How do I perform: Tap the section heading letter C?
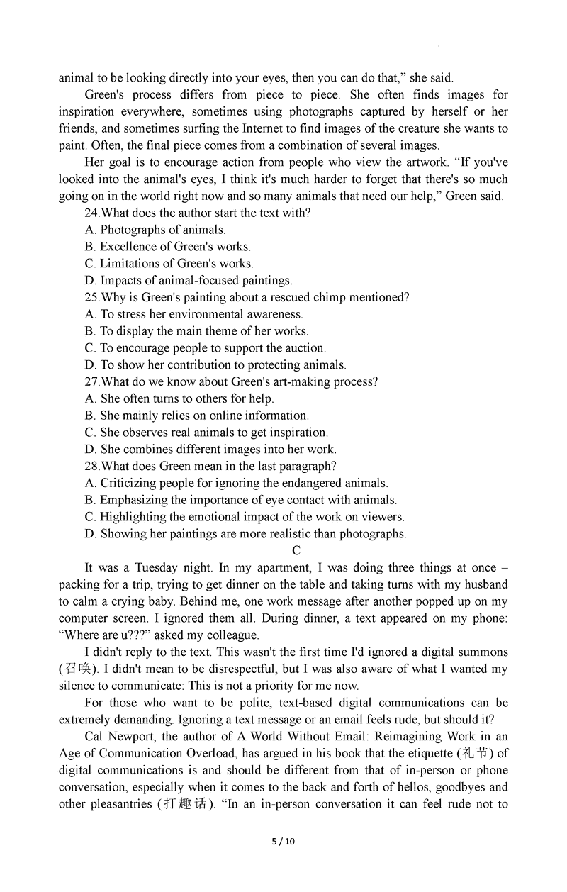click(296, 551)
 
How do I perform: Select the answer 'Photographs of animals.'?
click(163, 230)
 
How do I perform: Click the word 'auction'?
click(303, 348)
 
